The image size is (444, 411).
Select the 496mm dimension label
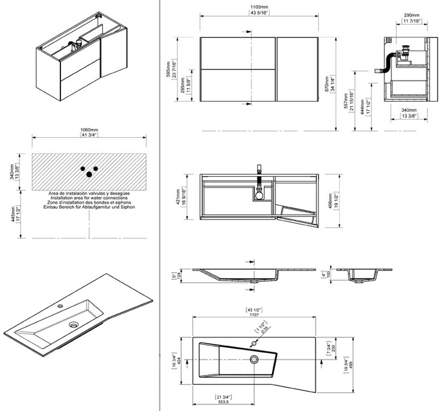click(331, 200)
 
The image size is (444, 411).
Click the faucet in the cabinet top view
click(259, 173)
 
